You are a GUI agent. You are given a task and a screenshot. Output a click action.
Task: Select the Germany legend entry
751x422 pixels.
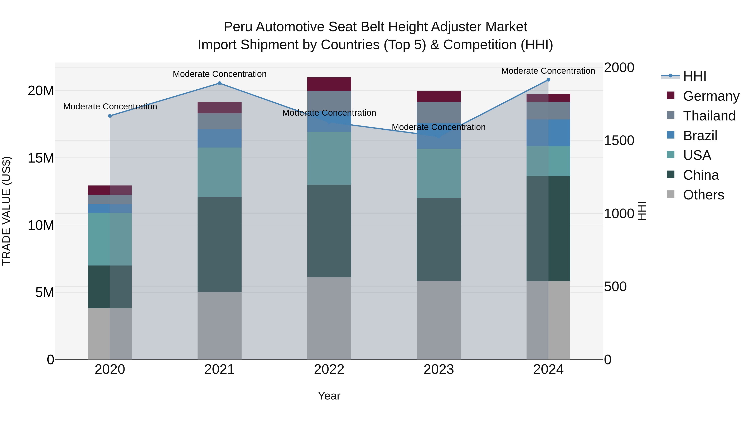(711, 96)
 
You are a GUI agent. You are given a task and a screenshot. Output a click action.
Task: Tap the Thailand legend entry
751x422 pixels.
(709, 116)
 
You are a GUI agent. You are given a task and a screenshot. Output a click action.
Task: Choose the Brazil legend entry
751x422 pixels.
(700, 136)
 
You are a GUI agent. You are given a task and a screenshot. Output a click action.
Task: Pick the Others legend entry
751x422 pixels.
(703, 195)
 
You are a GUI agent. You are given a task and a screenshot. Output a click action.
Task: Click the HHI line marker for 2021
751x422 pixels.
(219, 83)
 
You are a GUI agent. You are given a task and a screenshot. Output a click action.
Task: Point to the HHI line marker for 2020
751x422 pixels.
(110, 116)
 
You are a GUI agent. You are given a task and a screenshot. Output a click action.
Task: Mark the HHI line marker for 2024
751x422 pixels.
(548, 80)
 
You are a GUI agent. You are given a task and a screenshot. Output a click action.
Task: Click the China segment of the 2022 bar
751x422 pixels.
(329, 231)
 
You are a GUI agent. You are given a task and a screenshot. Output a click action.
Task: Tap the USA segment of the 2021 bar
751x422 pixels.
(219, 172)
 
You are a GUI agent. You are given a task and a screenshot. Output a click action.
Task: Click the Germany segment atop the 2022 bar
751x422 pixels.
(329, 84)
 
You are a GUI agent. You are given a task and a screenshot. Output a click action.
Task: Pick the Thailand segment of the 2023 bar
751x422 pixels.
(439, 112)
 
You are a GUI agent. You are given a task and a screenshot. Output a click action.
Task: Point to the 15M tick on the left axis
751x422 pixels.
(41, 158)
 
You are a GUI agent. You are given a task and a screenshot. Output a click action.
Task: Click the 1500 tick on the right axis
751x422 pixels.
(619, 141)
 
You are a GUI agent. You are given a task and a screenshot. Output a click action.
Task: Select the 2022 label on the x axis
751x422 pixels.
(329, 369)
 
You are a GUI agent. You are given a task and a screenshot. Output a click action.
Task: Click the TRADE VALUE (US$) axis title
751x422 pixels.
(6, 211)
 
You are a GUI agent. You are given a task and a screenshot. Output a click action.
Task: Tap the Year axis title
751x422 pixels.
(329, 396)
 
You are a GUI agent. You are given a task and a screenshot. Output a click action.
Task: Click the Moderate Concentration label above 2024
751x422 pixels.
(548, 71)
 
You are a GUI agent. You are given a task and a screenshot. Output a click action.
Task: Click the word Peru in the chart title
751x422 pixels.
(238, 27)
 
